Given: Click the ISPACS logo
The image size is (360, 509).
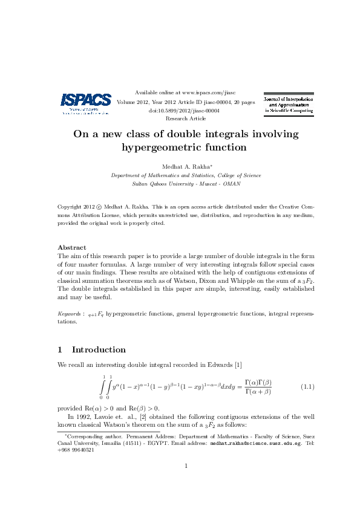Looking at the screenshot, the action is click(x=85, y=102).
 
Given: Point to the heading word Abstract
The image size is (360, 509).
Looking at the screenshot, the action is click(x=71, y=247).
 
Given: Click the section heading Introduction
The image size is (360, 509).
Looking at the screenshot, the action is click(x=99, y=349).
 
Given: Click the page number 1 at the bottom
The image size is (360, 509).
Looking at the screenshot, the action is click(x=186, y=465).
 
